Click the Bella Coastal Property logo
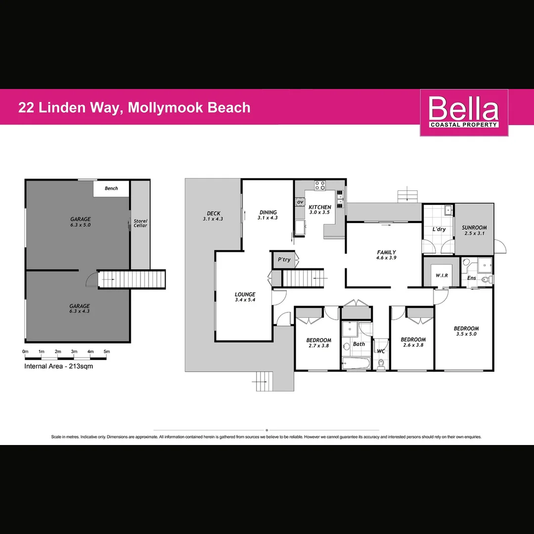[464, 112]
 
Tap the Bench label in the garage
[112, 188]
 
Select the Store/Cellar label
[140, 223]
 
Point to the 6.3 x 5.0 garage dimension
[80, 225]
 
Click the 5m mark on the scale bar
[107, 352]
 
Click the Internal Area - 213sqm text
[58, 366]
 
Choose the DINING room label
[268, 213]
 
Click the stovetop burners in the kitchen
[320, 185]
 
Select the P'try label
[284, 260]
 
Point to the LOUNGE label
[245, 295]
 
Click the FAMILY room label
[386, 252]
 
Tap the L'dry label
[439, 229]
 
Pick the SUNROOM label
[474, 228]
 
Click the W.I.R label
[442, 275]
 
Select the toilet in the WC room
[381, 364]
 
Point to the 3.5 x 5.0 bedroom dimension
[466, 334]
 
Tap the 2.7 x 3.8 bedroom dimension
[318, 346]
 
